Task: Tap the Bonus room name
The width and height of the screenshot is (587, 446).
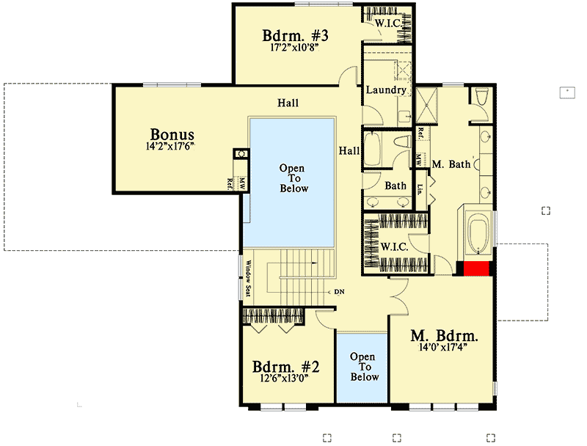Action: click(172, 134)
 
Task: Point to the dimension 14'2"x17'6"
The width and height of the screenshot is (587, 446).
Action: click(172, 146)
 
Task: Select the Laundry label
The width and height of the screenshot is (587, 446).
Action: click(386, 90)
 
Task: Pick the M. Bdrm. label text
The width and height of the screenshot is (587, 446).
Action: click(444, 337)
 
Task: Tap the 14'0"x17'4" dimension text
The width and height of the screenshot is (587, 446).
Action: click(444, 349)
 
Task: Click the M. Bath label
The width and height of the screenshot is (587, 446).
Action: click(451, 164)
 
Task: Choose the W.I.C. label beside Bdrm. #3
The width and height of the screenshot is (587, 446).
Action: click(387, 23)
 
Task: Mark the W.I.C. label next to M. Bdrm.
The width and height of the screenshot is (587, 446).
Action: click(394, 246)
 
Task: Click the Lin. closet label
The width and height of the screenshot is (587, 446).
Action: click(420, 186)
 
